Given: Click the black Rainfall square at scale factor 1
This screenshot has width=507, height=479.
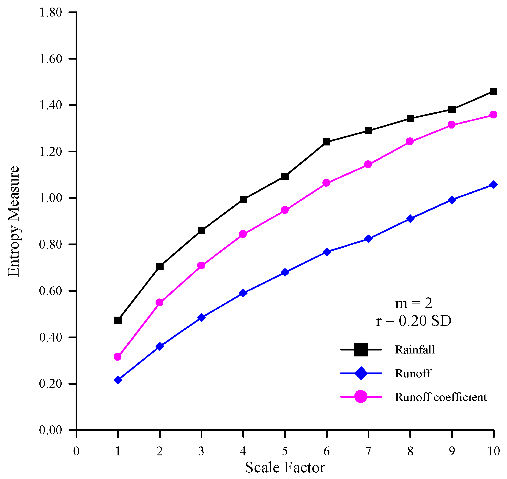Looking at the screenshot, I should (x=118, y=320).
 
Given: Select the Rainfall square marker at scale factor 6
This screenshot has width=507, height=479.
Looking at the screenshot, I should (x=326, y=142).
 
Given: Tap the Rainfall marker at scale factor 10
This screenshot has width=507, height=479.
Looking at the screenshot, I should (x=493, y=91).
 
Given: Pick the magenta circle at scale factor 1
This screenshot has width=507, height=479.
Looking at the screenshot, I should (x=118, y=357).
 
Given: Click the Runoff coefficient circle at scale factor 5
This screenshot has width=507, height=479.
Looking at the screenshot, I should (x=285, y=210).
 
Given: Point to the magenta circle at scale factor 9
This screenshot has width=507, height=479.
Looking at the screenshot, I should (x=452, y=125).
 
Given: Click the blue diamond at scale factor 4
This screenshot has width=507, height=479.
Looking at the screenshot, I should (x=243, y=293).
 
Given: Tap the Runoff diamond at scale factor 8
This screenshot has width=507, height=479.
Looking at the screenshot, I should (x=410, y=219).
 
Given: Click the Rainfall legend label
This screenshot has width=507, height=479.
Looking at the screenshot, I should (x=415, y=350).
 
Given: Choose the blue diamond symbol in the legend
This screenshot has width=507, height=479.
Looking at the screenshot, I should (x=361, y=373).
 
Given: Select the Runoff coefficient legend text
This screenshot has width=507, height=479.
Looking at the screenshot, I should (x=441, y=397).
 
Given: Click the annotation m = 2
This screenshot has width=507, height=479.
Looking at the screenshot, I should (x=414, y=304).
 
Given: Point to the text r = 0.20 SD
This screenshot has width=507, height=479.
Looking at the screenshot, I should (x=414, y=321).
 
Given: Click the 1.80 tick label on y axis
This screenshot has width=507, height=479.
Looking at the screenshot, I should (x=51, y=13).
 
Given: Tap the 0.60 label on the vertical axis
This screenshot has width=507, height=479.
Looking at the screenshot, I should (x=51, y=291).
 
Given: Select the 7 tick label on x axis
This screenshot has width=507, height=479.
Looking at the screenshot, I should (x=368, y=451).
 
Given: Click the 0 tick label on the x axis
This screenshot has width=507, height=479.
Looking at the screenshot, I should (x=76, y=451).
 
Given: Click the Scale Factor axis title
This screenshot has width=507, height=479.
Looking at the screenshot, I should (x=285, y=468).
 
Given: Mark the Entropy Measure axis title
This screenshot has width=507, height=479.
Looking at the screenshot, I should (x=14, y=221).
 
